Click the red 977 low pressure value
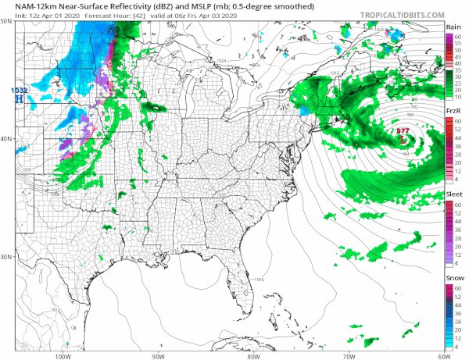(x=403, y=130)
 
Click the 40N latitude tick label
(x=6, y=139)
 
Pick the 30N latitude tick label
(x=6, y=257)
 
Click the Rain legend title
(x=452, y=27)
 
